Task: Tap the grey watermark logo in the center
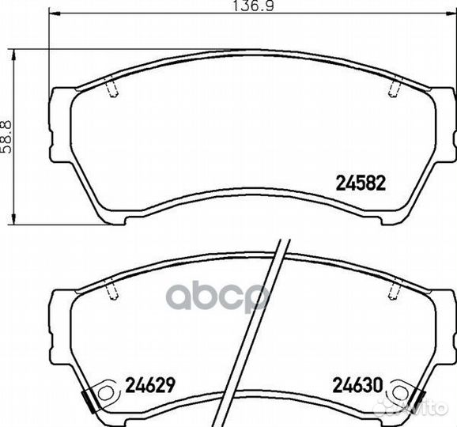point(229,298)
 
